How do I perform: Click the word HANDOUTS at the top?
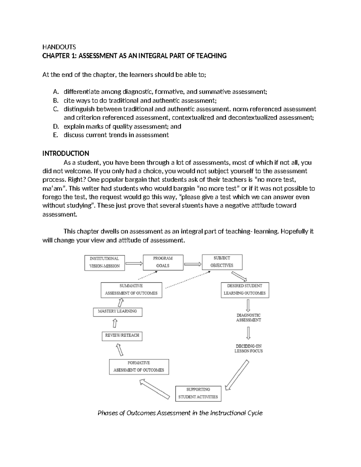pos(59,47)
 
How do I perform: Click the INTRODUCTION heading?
pos(66,153)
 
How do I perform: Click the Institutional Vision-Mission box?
pos(104,263)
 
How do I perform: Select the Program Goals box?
pos(163,262)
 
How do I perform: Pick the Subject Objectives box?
pos(222,262)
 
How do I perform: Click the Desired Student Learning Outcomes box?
pos(245,290)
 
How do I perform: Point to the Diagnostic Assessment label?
pos(248,318)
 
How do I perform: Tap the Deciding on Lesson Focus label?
pos(248,349)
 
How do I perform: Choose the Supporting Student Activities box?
pos(198,393)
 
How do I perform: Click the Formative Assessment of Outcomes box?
pos(139,367)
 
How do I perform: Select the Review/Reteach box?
pos(122,336)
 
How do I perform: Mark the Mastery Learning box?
pos(117,312)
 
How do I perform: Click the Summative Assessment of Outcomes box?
pos(131,290)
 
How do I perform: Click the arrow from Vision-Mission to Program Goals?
pos(134,263)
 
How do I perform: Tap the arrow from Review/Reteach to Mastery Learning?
pos(115,323)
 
